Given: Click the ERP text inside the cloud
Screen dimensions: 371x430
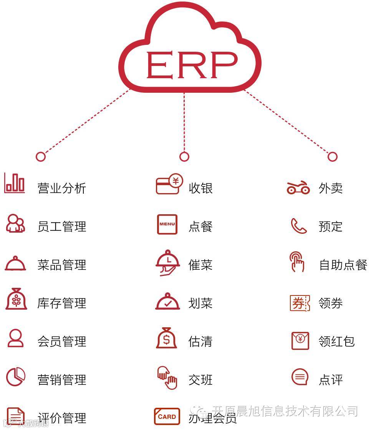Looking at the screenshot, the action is (191, 65).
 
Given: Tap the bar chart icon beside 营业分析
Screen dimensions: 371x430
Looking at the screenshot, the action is (15, 183).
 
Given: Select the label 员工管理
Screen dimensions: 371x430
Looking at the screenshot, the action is (62, 226).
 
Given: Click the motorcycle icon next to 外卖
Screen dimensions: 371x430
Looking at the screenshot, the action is (298, 187).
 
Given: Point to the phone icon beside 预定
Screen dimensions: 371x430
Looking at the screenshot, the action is (298, 226).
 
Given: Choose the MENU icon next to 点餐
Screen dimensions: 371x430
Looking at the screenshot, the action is (167, 224).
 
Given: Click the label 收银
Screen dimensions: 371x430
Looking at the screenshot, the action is (200, 188).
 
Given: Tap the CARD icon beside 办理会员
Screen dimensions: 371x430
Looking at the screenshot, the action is (167, 417).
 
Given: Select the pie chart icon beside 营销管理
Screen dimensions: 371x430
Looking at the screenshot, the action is (15, 377).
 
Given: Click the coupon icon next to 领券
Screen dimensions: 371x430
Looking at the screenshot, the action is (300, 303).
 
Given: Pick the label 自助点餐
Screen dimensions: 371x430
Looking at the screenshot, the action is (343, 265).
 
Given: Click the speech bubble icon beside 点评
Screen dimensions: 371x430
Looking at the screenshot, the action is (300, 377).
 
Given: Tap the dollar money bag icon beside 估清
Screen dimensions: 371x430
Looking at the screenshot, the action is (166, 338).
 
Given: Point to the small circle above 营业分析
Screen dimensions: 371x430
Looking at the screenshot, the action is (40, 156).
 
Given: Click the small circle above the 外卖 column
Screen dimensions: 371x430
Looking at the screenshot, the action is (332, 156).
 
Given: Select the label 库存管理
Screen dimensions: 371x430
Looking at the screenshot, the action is (62, 303).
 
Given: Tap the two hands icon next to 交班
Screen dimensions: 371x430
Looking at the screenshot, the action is (167, 377).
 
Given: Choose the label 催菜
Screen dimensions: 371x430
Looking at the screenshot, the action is (200, 265).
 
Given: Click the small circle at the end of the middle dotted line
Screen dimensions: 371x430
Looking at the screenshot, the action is (184, 156).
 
